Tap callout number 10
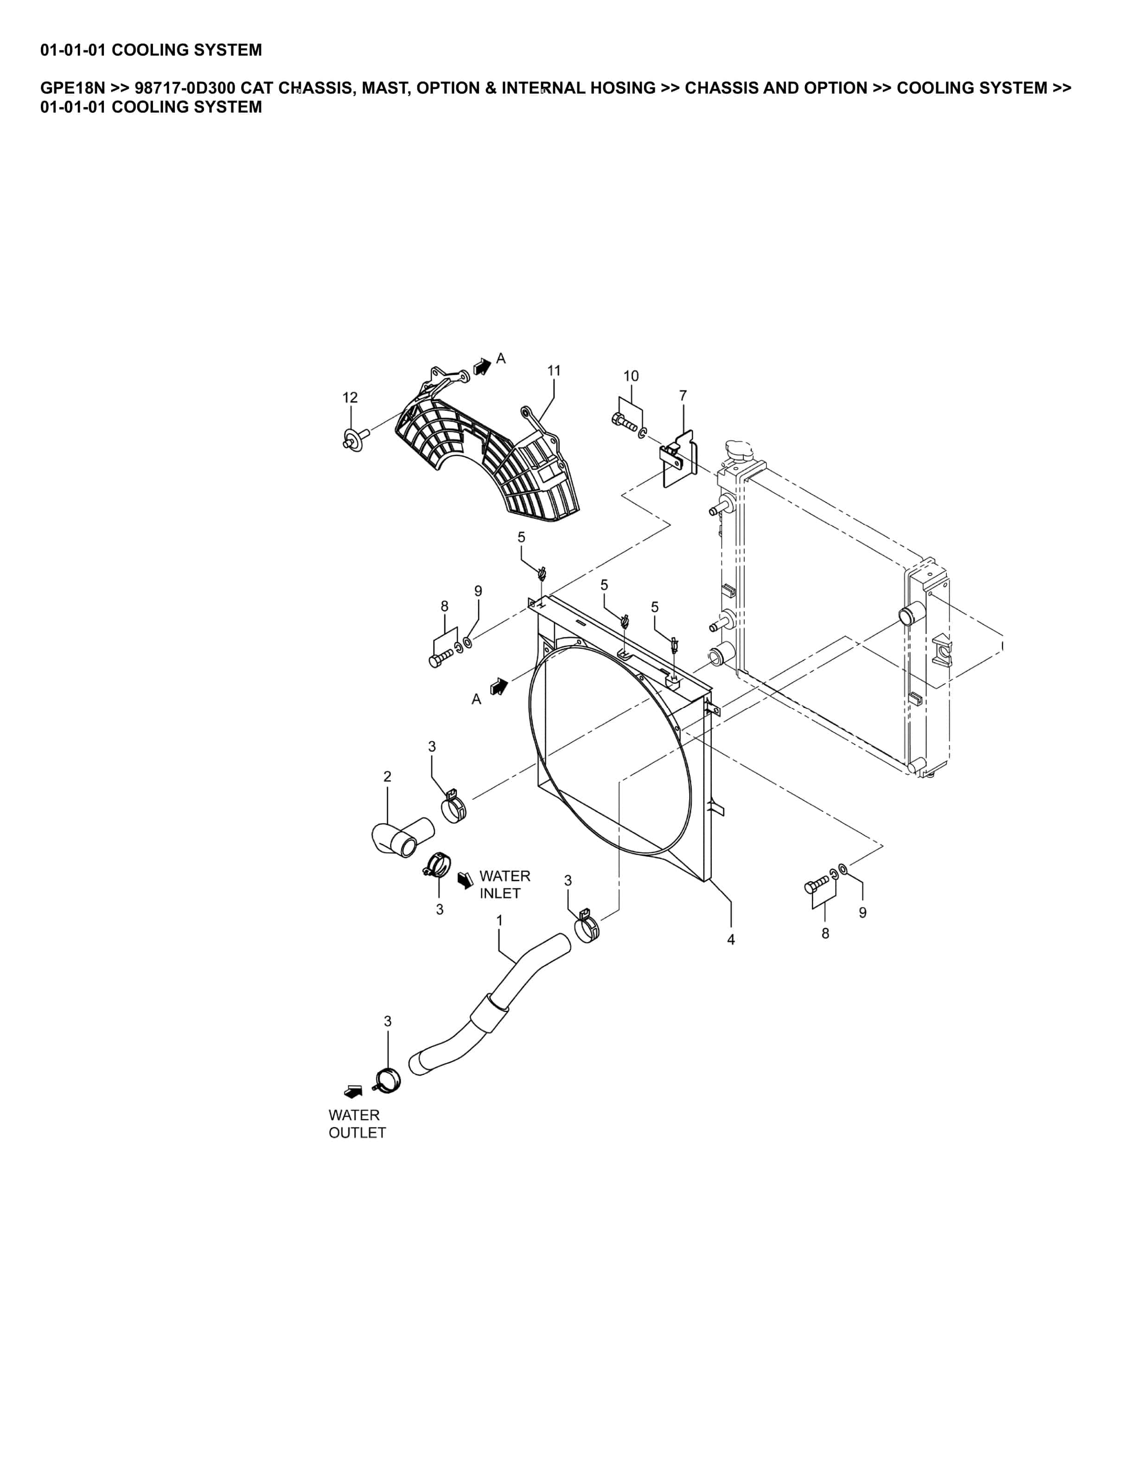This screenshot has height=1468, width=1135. (x=631, y=376)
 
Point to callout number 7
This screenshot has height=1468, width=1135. (x=683, y=395)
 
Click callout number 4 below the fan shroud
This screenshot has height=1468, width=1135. (x=731, y=940)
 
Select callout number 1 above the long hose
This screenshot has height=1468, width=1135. (x=499, y=920)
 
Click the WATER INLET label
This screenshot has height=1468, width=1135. (x=504, y=885)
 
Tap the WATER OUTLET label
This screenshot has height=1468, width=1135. (x=357, y=1124)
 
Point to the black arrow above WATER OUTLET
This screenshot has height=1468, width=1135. (x=353, y=1092)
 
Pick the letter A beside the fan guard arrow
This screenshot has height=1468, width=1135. (x=501, y=359)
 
